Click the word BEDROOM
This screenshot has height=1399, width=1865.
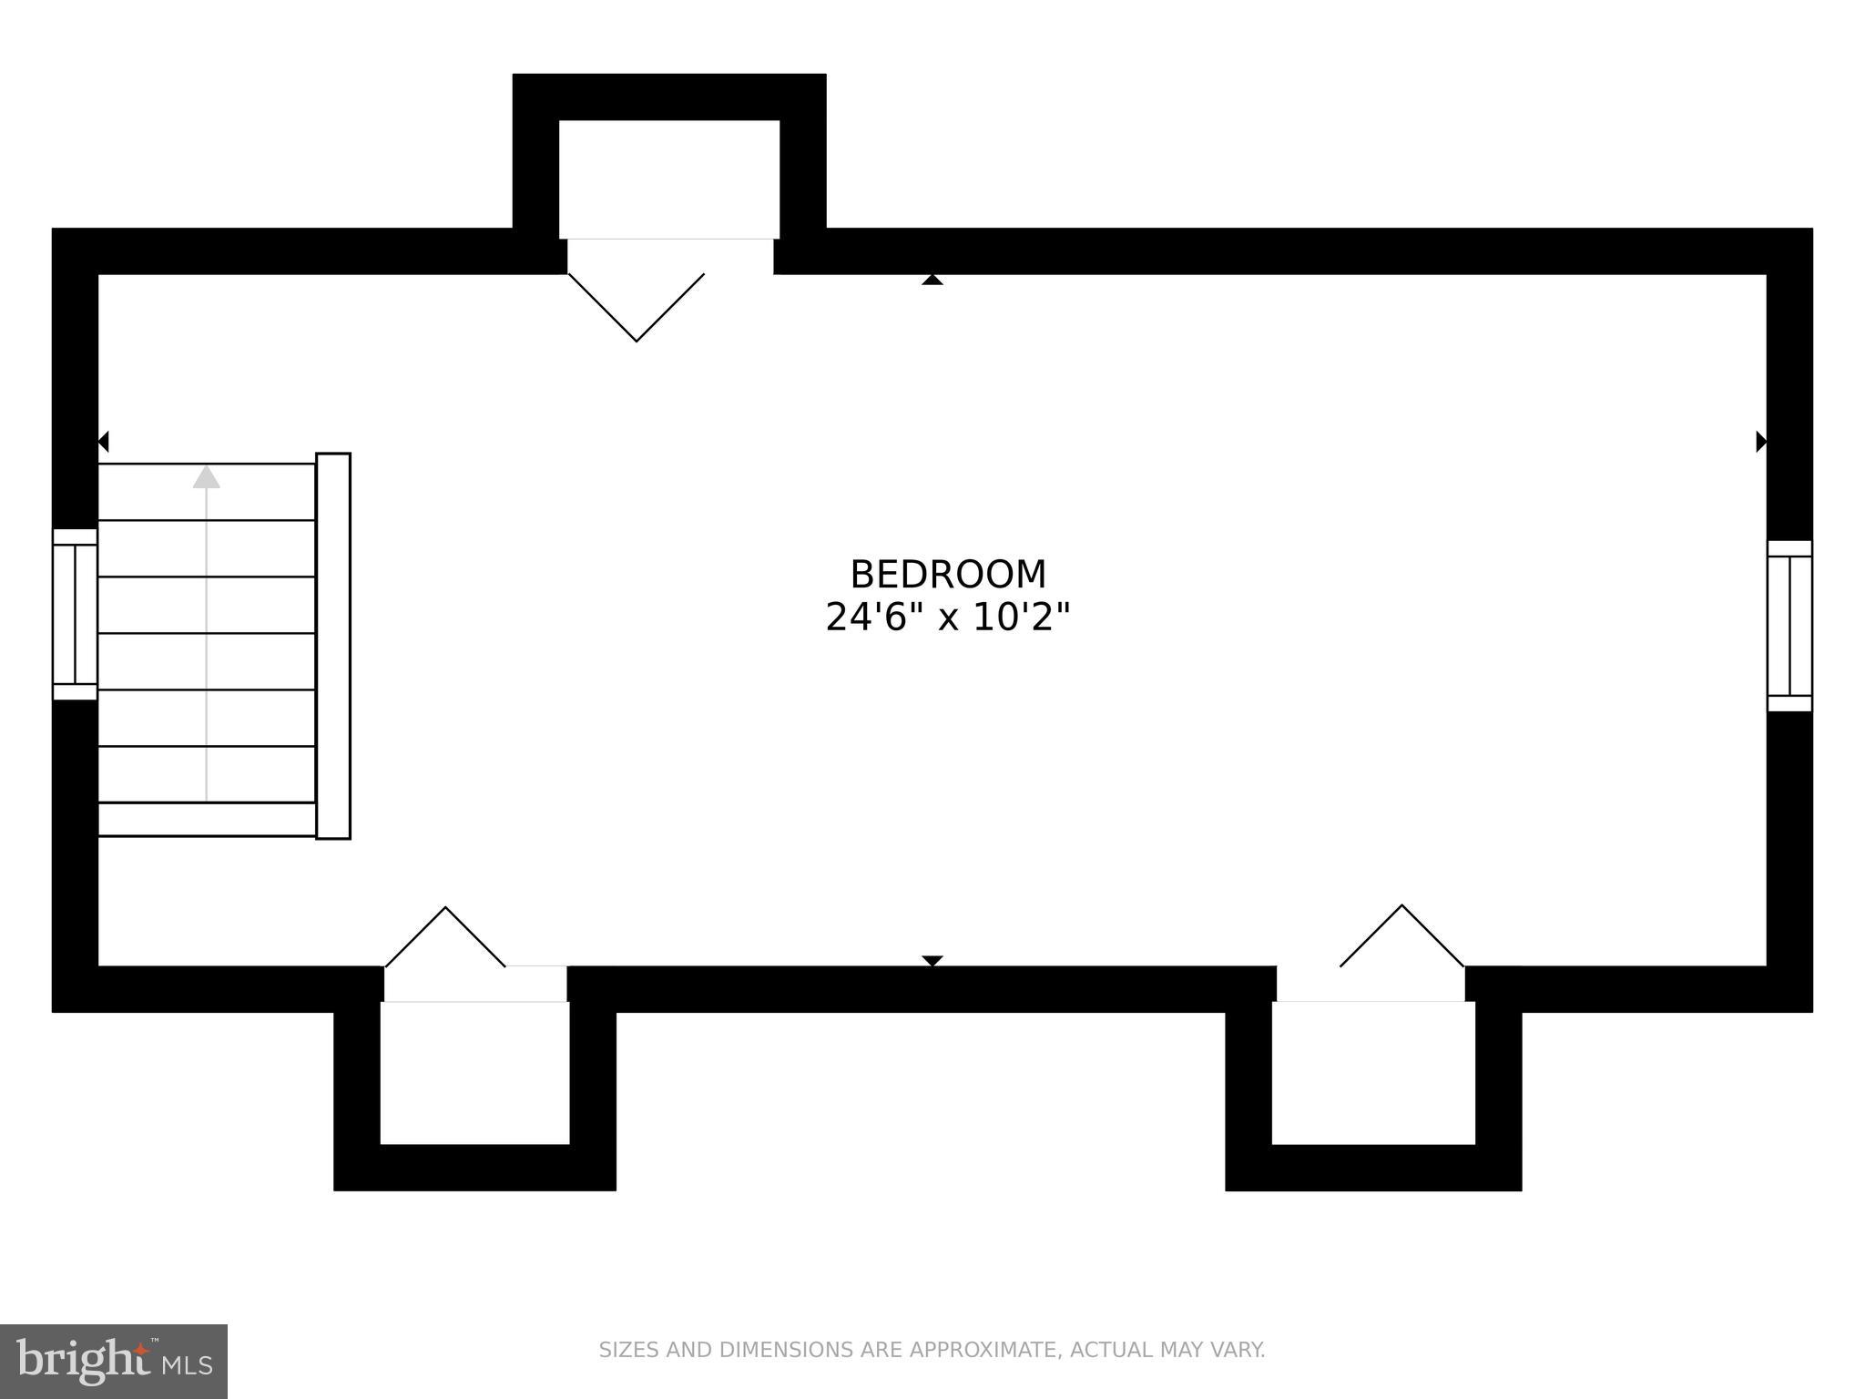point(948,575)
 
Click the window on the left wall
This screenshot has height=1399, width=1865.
point(75,614)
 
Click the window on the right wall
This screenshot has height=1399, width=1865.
point(1789,626)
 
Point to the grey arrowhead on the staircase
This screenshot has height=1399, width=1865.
point(207,476)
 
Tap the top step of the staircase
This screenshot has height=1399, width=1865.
point(207,493)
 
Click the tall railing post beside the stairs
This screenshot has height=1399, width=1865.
point(333,646)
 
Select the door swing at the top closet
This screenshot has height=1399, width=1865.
point(637,307)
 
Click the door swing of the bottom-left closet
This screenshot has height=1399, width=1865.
point(445,938)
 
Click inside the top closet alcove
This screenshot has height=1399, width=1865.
point(669,179)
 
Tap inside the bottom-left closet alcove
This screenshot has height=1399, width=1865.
point(474,1072)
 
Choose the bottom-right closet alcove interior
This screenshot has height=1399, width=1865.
point(1373,1072)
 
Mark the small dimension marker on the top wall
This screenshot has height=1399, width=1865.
point(932,280)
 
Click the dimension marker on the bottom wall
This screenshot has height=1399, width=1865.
point(932,961)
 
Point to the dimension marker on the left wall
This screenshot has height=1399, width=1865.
point(104,442)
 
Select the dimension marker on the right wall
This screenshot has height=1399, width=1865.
point(1761,442)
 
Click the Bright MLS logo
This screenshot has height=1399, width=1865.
point(114,1361)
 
